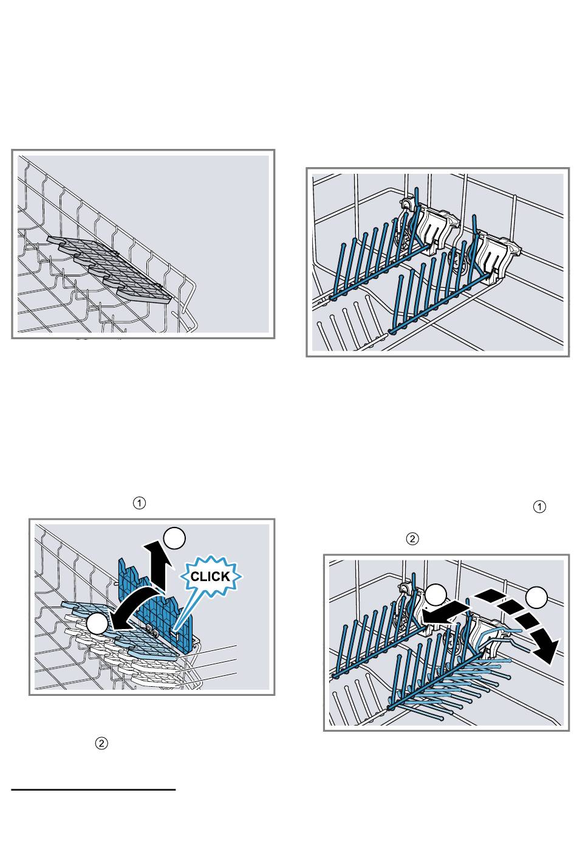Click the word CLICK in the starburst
[210, 576]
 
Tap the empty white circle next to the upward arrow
[174, 538]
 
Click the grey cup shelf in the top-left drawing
[109, 270]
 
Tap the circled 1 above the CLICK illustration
[139, 503]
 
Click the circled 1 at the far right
[539, 506]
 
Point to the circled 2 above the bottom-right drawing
[412, 538]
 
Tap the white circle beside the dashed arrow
[537, 597]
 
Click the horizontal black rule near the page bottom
[94, 789]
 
